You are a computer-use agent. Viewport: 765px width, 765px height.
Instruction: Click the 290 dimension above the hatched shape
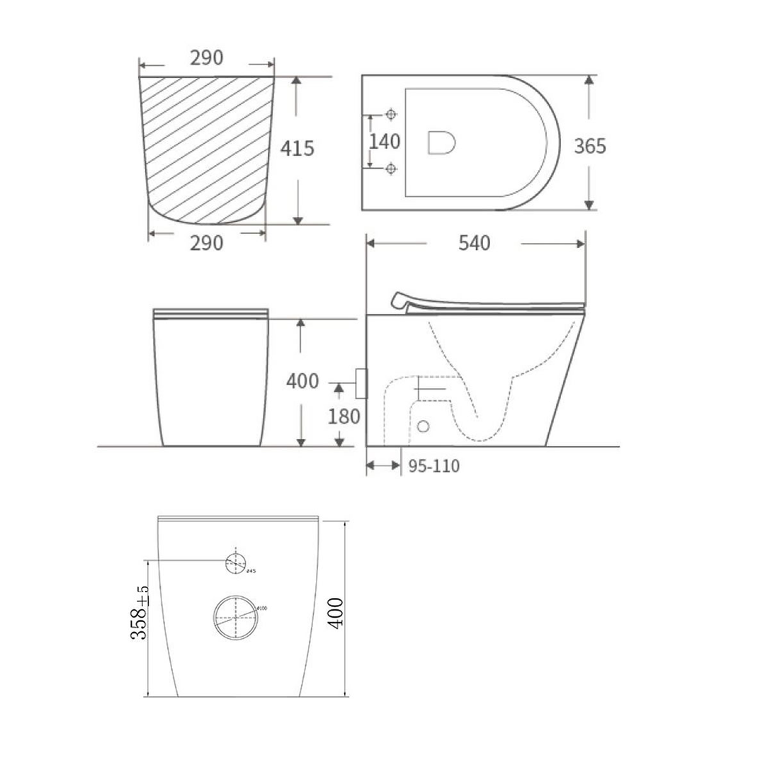coord(206,57)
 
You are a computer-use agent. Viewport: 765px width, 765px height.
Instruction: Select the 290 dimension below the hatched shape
coord(206,243)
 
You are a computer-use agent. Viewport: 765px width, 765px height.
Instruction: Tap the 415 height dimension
coord(297,149)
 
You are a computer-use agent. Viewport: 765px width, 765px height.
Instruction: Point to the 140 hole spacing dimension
coord(385,142)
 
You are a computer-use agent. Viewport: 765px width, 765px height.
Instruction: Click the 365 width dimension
coord(589,146)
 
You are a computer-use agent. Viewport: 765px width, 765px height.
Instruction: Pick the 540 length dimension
coord(474,243)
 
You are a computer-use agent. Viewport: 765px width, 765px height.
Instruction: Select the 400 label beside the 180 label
coord(302,381)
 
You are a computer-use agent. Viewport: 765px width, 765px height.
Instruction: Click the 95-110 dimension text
coord(434,466)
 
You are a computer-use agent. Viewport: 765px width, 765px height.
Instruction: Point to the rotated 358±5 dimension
coord(140,613)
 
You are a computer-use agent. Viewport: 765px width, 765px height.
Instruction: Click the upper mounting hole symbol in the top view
coord(392,114)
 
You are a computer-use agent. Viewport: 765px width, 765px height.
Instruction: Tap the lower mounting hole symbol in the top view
coord(392,169)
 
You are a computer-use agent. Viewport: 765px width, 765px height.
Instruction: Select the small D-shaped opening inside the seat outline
coord(441,142)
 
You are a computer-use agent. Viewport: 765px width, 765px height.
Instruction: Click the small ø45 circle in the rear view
coord(235,563)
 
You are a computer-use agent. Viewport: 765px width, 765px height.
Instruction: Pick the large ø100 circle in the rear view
coord(234,617)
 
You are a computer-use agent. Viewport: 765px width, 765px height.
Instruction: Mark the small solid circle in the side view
coord(424,426)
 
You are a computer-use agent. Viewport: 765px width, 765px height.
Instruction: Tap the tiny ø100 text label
coord(261,608)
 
